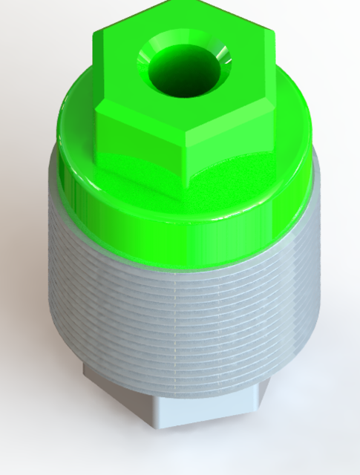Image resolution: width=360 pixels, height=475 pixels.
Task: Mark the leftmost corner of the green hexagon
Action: click(95, 111)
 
